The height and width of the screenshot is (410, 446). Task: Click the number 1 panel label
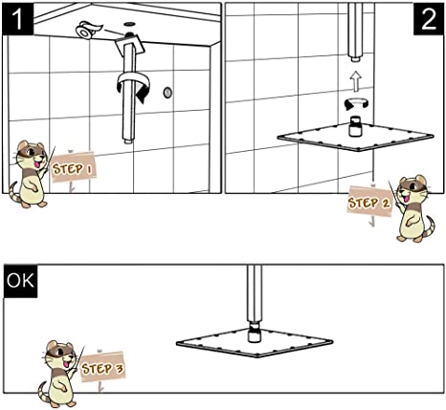click(18, 18)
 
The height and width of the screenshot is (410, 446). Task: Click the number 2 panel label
click(429, 18)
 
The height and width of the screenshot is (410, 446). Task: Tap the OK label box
click(20, 281)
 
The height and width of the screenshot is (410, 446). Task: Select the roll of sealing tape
click(87, 30)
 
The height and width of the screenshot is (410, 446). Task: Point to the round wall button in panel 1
click(167, 93)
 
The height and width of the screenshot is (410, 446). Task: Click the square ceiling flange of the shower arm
click(130, 44)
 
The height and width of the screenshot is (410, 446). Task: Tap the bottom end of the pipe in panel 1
click(128, 140)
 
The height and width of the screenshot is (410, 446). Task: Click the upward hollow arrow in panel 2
click(355, 80)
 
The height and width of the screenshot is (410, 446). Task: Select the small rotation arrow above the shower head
click(356, 104)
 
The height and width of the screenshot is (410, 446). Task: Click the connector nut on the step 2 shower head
click(355, 126)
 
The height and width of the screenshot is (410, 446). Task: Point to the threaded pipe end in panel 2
click(356, 58)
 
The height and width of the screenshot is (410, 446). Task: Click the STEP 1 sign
click(73, 168)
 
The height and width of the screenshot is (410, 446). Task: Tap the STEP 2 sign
click(369, 203)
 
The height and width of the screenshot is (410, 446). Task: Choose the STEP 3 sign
click(102, 368)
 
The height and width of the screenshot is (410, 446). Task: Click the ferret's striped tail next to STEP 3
click(46, 395)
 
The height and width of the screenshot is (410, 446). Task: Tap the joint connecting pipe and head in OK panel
click(255, 332)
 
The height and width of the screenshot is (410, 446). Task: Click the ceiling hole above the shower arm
click(129, 24)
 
